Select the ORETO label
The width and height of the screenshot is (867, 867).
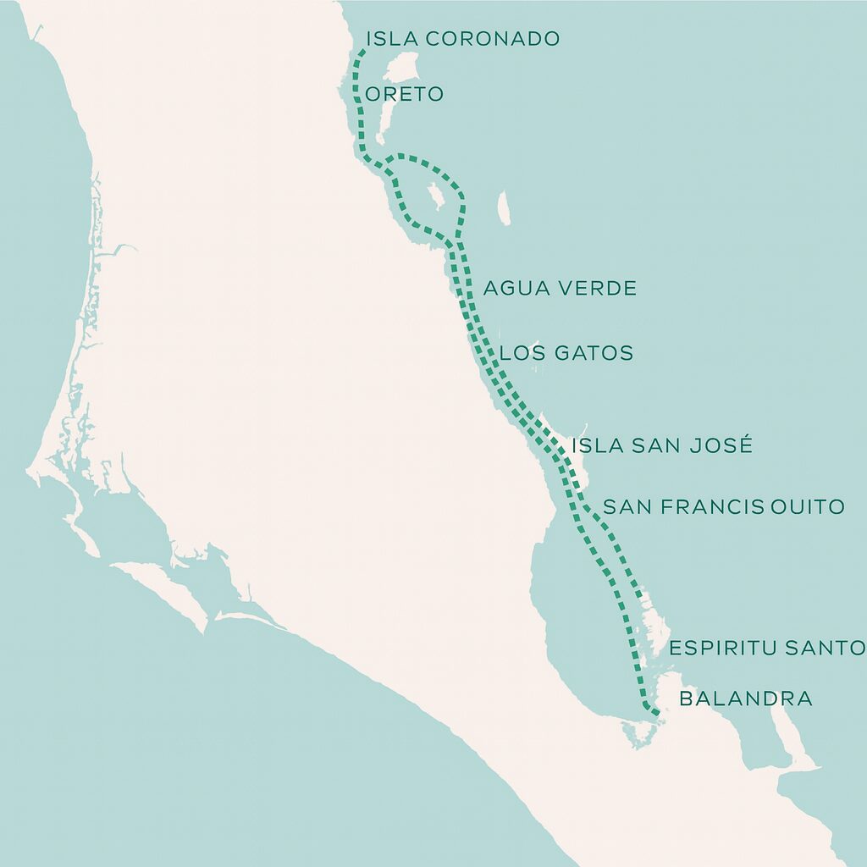point(404,94)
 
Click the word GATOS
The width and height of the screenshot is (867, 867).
point(590,353)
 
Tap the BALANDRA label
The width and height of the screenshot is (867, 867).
point(746,699)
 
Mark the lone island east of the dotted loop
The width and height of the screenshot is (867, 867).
point(505,208)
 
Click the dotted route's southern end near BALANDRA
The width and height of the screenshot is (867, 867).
point(656,713)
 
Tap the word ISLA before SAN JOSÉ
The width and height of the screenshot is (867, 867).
point(598,445)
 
